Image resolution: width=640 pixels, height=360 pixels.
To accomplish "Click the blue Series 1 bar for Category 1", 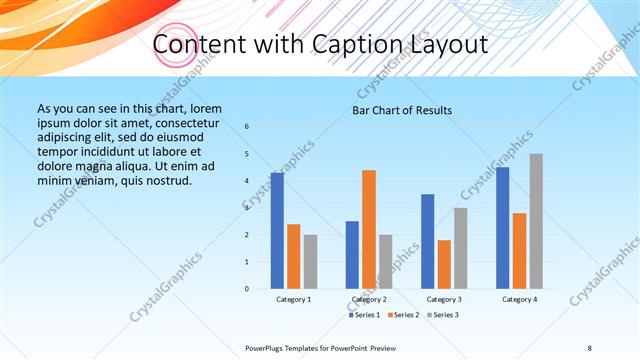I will tap(277, 231).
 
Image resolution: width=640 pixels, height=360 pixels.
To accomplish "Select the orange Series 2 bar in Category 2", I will tap(369, 230).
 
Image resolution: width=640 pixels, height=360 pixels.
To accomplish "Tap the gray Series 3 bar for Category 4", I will tap(536, 221).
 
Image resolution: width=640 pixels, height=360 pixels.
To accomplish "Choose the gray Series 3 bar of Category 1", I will tap(310, 262).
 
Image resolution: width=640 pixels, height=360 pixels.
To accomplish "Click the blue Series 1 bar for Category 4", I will tap(502, 228).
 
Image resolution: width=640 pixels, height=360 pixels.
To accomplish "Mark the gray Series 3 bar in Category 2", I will tap(385, 262).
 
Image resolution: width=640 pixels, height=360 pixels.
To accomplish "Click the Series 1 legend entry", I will tap(363, 315).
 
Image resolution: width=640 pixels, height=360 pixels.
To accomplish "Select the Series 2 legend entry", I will tap(403, 315).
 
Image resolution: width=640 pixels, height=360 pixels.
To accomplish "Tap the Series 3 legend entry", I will tap(443, 315).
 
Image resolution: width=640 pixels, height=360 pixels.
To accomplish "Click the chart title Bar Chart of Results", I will tap(402, 110).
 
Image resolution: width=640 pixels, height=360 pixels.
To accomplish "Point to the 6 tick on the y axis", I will tap(247, 127).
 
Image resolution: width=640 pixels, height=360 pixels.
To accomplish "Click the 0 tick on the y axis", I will tap(247, 289).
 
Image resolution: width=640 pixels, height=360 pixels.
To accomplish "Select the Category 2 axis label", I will tap(369, 299).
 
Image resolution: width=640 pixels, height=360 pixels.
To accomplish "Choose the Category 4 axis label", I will tap(519, 299).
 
